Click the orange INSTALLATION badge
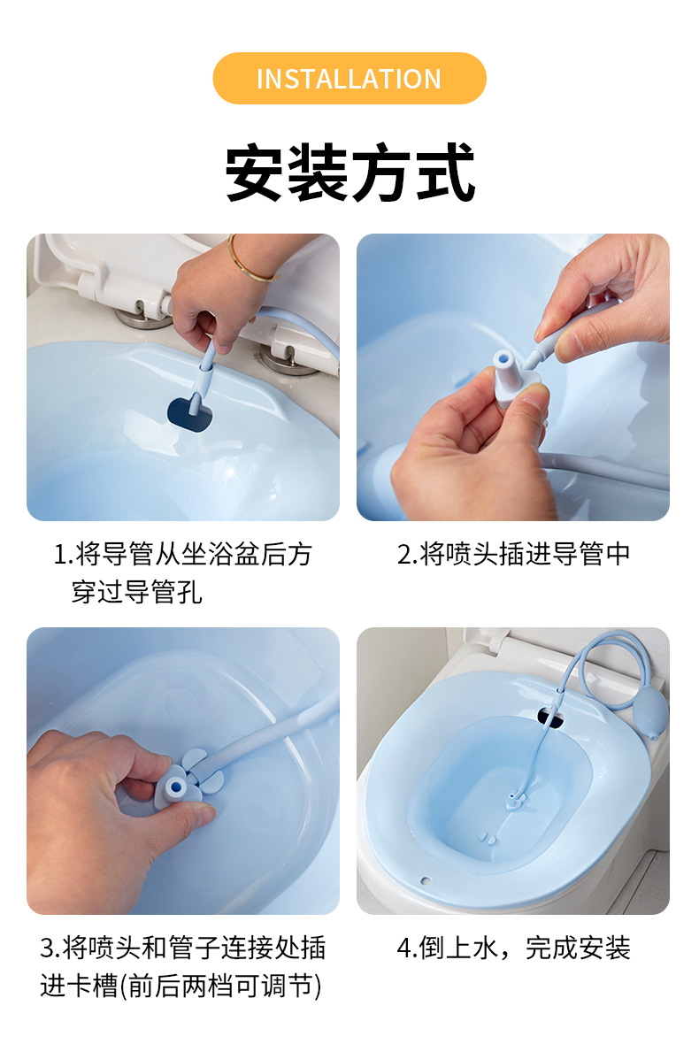pos(349,78)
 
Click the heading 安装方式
pos(349,173)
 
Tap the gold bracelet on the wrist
pos(250,261)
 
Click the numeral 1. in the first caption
pos(62,555)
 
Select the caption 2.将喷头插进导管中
pos(513,554)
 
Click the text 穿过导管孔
pos(136,592)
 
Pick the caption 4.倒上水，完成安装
pos(513,948)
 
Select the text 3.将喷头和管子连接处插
pos(182,948)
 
